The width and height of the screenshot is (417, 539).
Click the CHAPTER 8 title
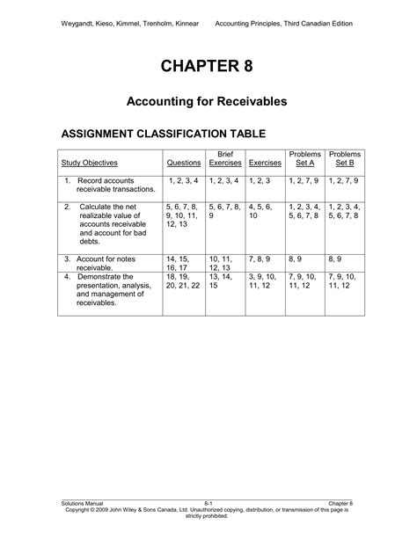coord(208,68)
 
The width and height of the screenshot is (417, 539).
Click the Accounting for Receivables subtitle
coord(208,103)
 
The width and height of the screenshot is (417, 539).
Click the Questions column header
coord(183,163)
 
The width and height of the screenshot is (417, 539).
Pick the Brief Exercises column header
coord(224,158)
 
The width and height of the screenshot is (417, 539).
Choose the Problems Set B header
coord(346,158)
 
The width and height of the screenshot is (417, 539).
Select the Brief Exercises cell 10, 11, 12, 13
coord(224,264)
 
